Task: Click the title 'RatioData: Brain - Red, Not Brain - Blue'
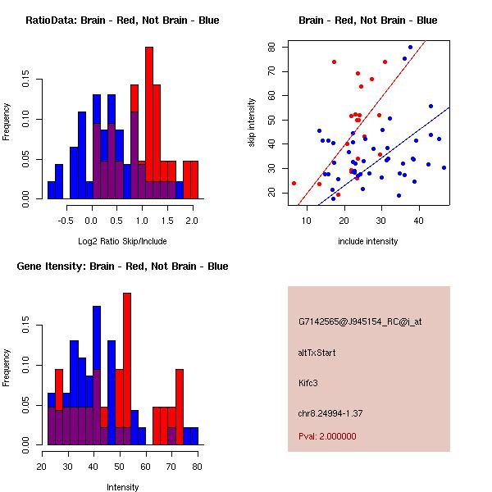[122, 20]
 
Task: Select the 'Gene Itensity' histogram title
[122, 266]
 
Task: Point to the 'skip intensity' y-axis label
[253, 122]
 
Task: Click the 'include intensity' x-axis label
[368, 241]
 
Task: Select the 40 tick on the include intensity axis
[418, 221]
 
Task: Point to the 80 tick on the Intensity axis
[197, 467]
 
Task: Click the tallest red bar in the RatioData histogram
[149, 123]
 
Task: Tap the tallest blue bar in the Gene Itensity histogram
[96, 375]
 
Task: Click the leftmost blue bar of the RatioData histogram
[51, 190]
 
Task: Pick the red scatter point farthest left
[294, 183]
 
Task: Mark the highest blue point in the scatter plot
[411, 48]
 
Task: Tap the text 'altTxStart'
[318, 353]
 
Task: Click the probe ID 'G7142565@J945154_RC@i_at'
[360, 322]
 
